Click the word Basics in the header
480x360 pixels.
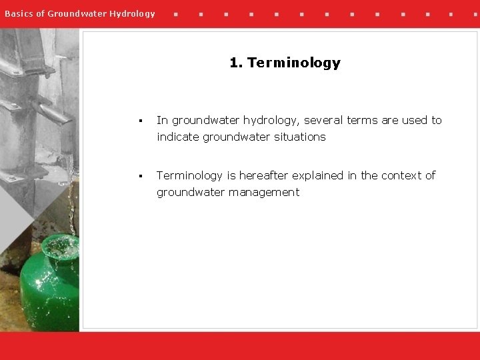(x=17, y=13)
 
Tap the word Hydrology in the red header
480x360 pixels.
(x=132, y=13)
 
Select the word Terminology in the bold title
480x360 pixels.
(x=293, y=63)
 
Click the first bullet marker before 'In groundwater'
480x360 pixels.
(x=141, y=121)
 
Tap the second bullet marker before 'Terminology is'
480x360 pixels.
(x=141, y=176)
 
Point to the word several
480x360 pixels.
(x=323, y=120)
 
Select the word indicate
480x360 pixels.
(x=178, y=137)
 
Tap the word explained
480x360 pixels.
(x=318, y=175)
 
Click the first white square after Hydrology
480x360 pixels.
(x=175, y=14)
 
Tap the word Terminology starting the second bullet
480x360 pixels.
(x=189, y=175)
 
